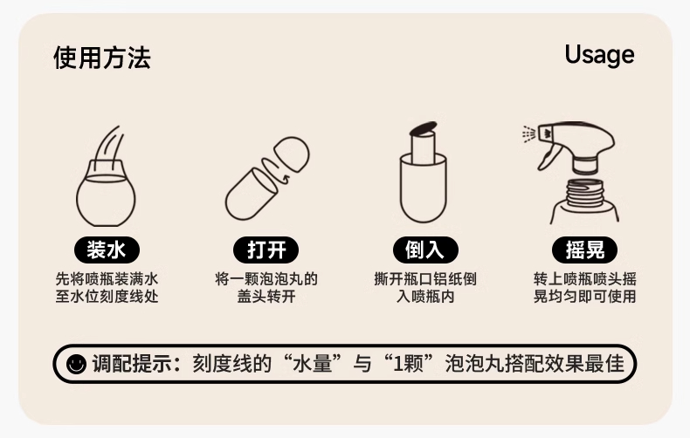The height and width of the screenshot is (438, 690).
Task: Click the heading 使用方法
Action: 102,58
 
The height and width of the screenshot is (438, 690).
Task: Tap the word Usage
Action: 599,56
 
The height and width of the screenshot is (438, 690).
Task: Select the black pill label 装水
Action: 107,250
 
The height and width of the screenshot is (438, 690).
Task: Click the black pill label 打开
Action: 266,250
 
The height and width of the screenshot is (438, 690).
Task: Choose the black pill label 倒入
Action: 425,250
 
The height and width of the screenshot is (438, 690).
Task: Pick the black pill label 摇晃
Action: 585,250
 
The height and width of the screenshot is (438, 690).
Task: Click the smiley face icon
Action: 76,364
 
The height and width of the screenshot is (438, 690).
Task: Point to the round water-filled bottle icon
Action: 106,194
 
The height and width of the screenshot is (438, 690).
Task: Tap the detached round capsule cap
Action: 292,154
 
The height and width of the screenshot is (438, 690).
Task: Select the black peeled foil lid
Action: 424,128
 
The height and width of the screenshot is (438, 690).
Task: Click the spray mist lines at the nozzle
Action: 529,133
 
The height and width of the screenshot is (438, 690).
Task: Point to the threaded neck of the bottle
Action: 585,193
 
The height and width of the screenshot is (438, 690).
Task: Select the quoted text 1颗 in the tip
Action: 408,364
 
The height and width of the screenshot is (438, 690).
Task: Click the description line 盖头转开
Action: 266,297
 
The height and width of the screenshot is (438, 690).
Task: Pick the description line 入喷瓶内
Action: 425,297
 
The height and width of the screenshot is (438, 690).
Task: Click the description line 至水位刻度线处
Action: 107,297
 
